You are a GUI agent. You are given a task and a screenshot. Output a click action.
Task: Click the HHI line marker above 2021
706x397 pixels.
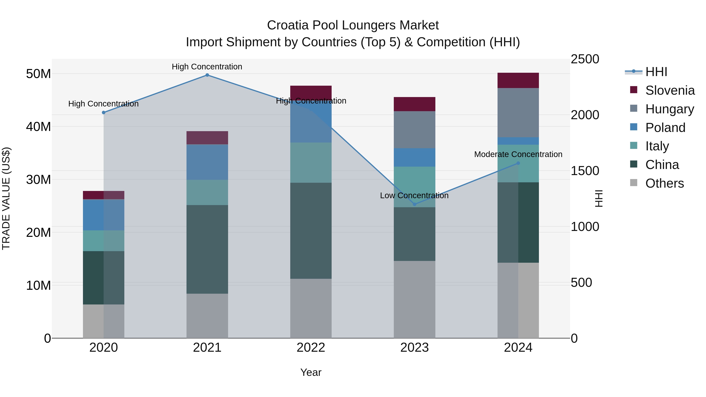207,75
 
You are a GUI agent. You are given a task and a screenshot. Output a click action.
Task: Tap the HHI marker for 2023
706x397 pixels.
414,204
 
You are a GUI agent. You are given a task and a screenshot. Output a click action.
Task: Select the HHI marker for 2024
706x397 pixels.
518,163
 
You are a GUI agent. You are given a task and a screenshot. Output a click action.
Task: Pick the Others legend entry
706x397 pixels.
664,183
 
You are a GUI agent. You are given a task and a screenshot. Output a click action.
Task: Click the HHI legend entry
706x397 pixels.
656,72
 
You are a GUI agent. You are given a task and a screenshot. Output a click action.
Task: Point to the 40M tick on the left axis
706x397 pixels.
38,127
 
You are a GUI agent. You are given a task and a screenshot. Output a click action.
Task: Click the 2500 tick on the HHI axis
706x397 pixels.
585,59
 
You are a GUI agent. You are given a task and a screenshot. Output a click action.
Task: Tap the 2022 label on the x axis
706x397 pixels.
311,348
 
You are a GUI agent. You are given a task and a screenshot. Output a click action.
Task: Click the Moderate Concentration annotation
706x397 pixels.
518,154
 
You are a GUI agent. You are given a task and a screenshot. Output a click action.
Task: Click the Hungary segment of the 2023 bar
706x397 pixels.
414,130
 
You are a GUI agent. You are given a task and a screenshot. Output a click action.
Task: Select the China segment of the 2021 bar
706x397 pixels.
207,249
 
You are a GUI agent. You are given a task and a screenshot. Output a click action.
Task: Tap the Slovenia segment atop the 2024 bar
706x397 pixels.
518,80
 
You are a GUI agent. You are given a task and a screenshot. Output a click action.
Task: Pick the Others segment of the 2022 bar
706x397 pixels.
311,308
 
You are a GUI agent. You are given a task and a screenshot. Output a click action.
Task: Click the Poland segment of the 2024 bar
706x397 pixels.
518,141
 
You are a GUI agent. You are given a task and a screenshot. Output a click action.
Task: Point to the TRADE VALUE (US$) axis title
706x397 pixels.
6,198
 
